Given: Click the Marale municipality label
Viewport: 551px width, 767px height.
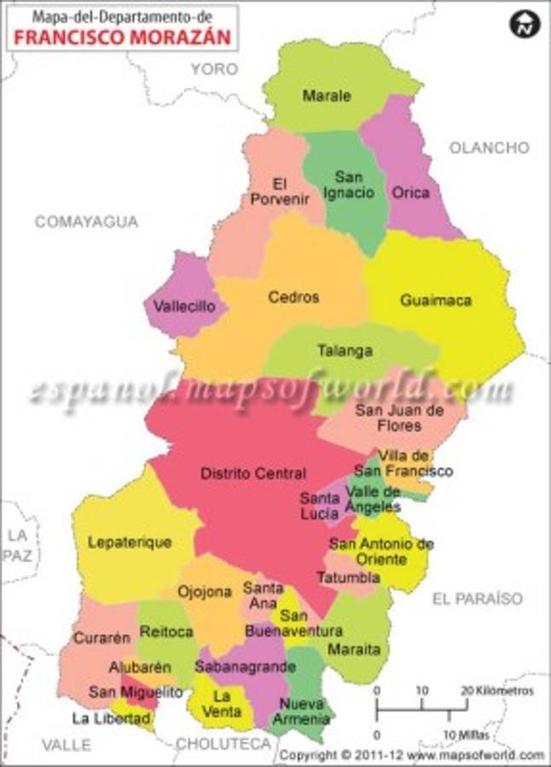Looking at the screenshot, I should (x=326, y=95).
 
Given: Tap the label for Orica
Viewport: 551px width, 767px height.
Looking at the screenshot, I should (x=410, y=193).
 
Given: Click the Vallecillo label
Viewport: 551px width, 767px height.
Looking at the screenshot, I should (x=185, y=306).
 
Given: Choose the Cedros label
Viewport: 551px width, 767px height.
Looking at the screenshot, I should (x=293, y=297).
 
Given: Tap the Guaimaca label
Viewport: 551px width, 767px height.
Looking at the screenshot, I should (x=436, y=300).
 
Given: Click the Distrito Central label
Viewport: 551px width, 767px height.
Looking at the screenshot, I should (x=252, y=473).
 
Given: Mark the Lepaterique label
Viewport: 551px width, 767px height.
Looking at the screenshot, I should (x=129, y=542).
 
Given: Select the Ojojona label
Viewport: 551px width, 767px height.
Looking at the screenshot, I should (x=205, y=591).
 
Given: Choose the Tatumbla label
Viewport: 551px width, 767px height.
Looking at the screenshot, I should (x=348, y=578).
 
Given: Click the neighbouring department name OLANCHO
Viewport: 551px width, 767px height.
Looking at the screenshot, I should (x=489, y=147).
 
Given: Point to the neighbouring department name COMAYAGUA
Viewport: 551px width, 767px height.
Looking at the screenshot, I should (x=86, y=222).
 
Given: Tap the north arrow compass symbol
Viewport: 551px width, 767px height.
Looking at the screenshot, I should (x=525, y=24).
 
